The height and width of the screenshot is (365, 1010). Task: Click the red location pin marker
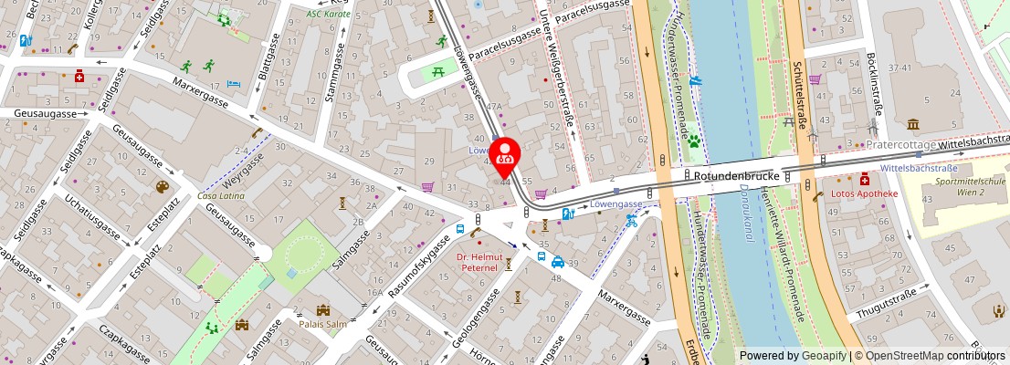(x=504, y=156)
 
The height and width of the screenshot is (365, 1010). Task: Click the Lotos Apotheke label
(x=865, y=193)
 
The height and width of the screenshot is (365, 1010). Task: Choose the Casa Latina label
(x=220, y=196)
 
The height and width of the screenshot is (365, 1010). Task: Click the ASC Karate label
(x=329, y=14)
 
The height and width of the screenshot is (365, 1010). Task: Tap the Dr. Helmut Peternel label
(x=478, y=263)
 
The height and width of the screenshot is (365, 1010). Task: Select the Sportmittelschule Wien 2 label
(x=963, y=188)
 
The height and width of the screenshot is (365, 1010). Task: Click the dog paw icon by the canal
(x=695, y=141)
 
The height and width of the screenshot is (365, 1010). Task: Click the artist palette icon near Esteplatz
(x=163, y=187)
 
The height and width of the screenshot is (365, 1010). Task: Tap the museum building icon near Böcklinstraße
(x=913, y=124)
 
